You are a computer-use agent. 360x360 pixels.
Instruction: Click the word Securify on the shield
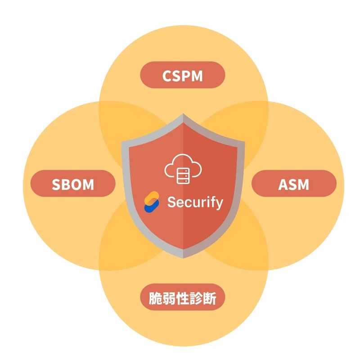pos(195,202)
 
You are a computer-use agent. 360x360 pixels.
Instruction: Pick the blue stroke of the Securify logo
pos(149,207)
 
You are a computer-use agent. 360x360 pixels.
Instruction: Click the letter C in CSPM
pos(167,75)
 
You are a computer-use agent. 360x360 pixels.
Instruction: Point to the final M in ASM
pos(304,184)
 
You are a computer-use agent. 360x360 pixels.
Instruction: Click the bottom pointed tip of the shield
pos(183,257)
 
